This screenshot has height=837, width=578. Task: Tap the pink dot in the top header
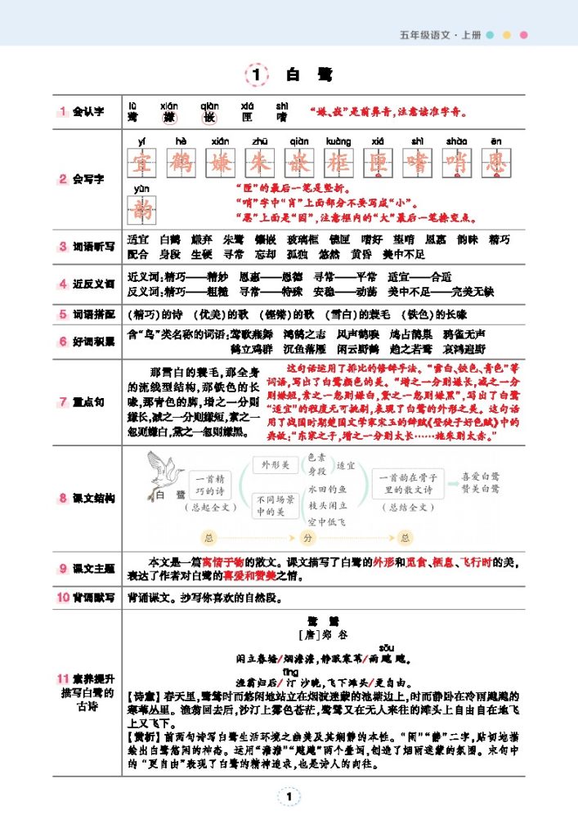pos(524,35)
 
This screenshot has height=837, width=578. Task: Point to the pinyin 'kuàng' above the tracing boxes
pos(338,141)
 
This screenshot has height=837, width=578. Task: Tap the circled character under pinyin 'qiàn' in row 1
pos(210,118)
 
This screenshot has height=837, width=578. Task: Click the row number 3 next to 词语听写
pos(62,246)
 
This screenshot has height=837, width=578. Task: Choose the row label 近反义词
pos(93,284)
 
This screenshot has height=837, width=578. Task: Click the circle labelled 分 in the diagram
pos(308,537)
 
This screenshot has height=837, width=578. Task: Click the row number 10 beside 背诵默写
pos(63,598)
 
